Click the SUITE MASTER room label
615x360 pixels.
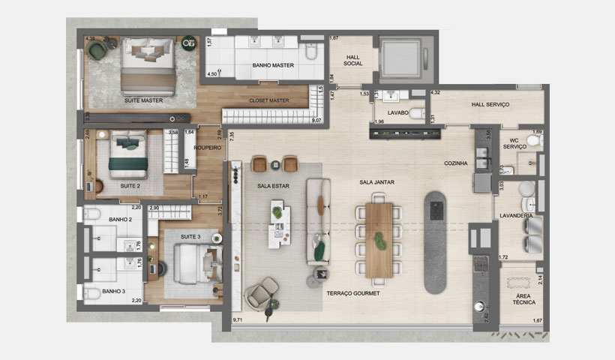143,100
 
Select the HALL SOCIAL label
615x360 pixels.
353,60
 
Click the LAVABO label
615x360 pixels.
397,112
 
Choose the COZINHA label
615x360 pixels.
455,163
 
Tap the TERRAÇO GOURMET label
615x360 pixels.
352,293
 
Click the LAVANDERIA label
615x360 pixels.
517,215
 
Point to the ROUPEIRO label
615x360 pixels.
206,148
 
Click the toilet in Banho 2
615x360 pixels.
93,215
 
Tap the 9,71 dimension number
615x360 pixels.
238,319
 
